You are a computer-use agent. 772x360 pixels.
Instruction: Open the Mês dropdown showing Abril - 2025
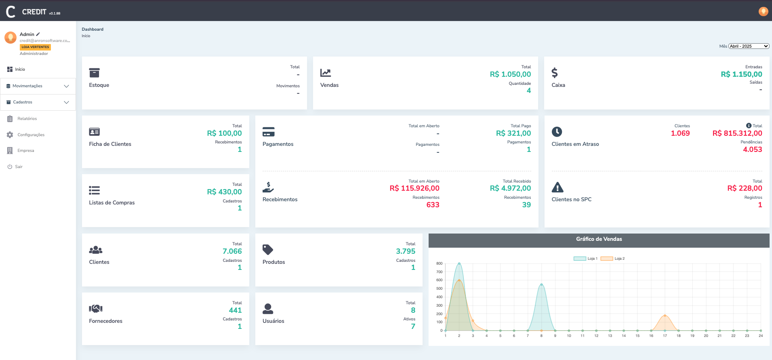pos(749,46)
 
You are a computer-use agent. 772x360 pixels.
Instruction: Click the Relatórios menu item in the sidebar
pos(27,119)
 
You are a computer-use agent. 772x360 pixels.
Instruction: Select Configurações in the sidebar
pos(31,135)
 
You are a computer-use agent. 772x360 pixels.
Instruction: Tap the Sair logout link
pos(19,167)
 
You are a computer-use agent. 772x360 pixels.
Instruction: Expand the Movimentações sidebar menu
pos(38,86)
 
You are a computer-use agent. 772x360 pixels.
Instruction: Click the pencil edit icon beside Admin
pos(38,34)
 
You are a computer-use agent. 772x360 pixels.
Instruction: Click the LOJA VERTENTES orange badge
pos(35,47)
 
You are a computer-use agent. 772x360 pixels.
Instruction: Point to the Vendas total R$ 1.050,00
pos(510,74)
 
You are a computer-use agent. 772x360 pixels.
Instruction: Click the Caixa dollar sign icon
pos(555,73)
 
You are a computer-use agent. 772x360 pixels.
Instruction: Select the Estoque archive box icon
pos(94,73)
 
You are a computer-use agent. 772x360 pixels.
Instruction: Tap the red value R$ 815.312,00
pos(737,133)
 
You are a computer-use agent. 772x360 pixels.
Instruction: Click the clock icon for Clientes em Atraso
pos(557,132)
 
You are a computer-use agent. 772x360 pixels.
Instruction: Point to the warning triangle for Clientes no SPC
pos(557,187)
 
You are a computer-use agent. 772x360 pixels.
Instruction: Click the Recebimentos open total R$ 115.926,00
pos(414,188)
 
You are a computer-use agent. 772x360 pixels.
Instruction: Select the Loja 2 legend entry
pos(612,259)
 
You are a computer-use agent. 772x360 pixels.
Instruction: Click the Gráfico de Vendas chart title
pos(599,239)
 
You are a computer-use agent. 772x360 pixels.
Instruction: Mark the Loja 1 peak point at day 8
pos(541,284)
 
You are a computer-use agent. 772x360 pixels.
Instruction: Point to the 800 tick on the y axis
pos(439,263)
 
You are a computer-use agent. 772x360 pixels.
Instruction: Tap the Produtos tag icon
pos(268,250)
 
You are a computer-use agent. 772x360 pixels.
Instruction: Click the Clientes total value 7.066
pos(232,251)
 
